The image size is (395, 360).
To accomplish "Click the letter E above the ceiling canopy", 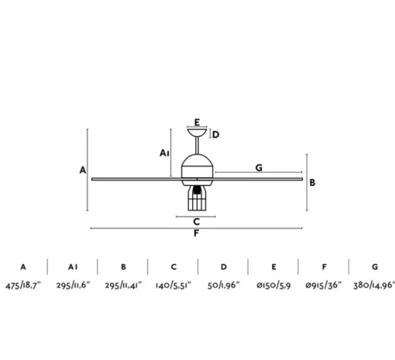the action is click(x=197, y=122).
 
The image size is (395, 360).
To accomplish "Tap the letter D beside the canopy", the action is click(x=216, y=135).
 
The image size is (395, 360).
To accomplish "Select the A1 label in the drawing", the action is click(x=164, y=153).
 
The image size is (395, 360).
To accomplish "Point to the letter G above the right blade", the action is click(x=259, y=168).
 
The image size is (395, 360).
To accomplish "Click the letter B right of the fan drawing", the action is click(x=312, y=183).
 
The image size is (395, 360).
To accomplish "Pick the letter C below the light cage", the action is click(x=197, y=221).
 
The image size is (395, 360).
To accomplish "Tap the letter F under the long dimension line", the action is click(x=196, y=233).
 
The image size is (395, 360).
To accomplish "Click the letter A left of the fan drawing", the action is click(x=83, y=170).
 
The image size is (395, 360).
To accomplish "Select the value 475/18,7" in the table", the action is click(x=23, y=286).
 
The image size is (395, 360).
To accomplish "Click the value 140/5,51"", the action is click(x=173, y=286).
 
